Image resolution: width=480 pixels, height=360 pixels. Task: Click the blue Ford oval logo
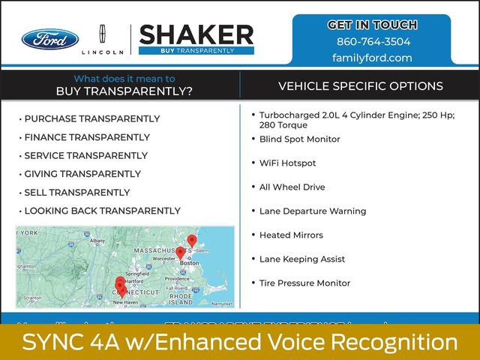[x=49, y=39]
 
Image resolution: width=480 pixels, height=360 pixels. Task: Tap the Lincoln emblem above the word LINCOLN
[x=102, y=34]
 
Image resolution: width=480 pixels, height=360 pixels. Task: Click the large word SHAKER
[x=196, y=34]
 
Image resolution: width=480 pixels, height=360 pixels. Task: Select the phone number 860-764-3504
[x=373, y=41]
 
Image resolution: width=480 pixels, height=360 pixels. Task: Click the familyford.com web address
[x=373, y=58]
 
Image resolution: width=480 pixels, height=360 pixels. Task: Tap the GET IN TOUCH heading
[x=373, y=25]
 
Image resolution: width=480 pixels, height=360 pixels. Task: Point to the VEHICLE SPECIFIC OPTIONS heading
[x=361, y=86]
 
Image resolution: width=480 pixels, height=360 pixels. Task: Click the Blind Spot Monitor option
[x=299, y=139]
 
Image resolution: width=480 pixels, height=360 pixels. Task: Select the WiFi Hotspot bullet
[x=287, y=163]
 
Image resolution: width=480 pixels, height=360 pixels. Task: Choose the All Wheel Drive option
[x=292, y=187]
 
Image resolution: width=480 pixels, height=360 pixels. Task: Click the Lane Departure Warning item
[x=313, y=211]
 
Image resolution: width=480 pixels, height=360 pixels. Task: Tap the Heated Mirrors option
[x=291, y=235]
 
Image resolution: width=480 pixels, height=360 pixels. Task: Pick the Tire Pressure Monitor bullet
[x=304, y=283]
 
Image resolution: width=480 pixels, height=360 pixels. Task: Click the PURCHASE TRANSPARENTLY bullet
[x=91, y=118]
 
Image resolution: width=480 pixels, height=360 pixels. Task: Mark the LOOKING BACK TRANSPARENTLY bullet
[x=102, y=211]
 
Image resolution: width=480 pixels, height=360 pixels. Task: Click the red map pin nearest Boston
[x=180, y=253]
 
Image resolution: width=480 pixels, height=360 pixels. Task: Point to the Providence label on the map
[x=178, y=278]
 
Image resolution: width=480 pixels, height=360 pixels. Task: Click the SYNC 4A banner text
[x=240, y=343]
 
